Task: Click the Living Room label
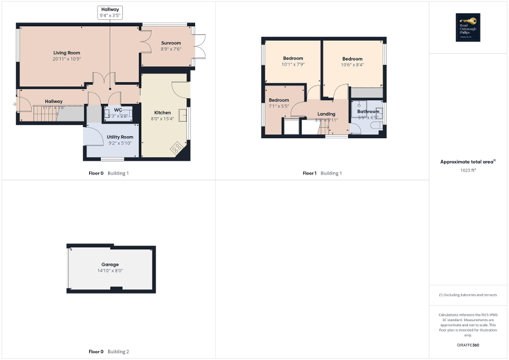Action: [x=66, y=53]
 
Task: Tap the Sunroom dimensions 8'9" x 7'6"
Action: [x=170, y=50]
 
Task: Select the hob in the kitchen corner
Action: [x=177, y=149]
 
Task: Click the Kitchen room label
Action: [x=162, y=113]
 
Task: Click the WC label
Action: [x=118, y=110]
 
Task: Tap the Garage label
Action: [x=110, y=265]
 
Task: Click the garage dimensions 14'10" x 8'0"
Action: [x=110, y=271]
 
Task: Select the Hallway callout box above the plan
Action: [x=110, y=13]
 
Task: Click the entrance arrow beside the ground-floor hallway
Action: [x=14, y=104]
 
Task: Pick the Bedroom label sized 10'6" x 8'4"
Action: [x=352, y=59]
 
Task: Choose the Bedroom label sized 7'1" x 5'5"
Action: [x=279, y=100]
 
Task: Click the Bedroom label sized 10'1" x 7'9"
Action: [x=293, y=58]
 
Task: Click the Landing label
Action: [x=326, y=114]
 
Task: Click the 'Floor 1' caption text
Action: [x=309, y=173]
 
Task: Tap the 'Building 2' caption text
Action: [x=118, y=352]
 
